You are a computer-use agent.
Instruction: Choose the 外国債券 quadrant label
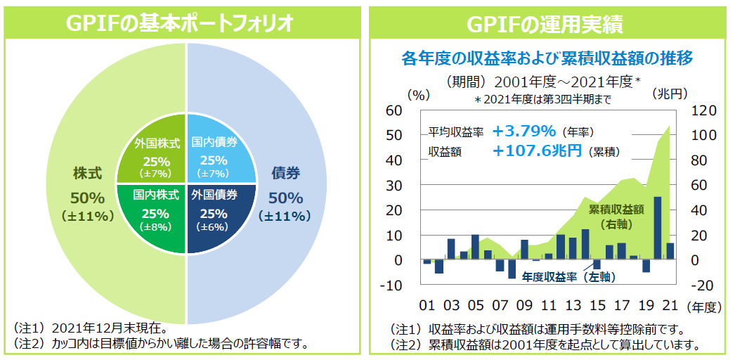(214, 195)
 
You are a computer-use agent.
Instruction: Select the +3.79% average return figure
(524, 131)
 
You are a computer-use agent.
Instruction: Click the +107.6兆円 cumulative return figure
(537, 150)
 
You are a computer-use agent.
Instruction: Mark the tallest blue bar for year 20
(657, 228)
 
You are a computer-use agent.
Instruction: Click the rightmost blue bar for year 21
(669, 252)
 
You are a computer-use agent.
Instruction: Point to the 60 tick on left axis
(393, 111)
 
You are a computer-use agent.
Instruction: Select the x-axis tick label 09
(523, 307)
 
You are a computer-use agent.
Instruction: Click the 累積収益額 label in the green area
(616, 210)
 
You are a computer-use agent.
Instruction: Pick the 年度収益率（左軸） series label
(568, 278)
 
